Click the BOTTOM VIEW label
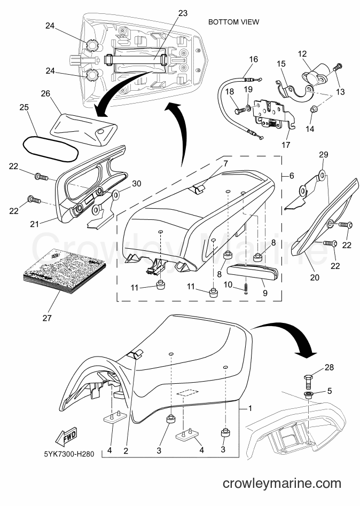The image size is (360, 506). [x=233, y=22]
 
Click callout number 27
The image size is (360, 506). [x=47, y=318]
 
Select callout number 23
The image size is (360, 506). [x=183, y=13]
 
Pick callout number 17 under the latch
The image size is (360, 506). [x=286, y=145]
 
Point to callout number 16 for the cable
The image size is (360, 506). [x=254, y=59]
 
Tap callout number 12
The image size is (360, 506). [x=302, y=54]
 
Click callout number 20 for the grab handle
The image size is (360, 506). [x=315, y=277]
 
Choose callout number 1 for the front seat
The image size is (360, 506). [x=250, y=408]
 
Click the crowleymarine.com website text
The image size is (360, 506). [x=282, y=484]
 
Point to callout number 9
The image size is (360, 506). [x=265, y=292]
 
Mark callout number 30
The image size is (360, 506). [x=137, y=184]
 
